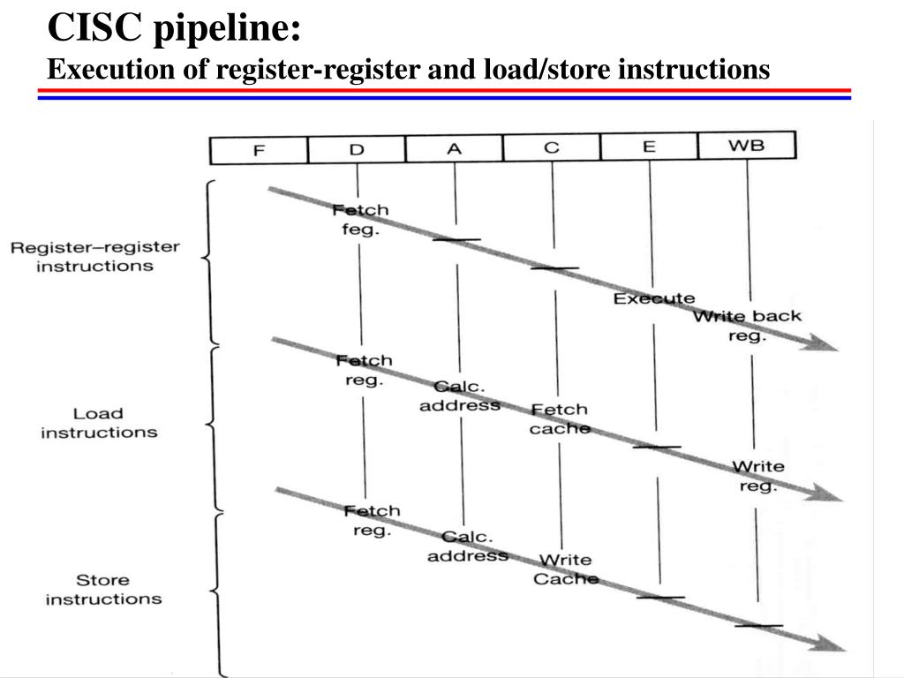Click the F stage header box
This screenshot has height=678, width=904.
pos(259,149)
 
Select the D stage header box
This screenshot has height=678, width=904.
pos(357,148)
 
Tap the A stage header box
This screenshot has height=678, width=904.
pos(454,147)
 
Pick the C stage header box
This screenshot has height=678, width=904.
pos(552,147)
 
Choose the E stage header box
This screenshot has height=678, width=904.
pos(649,146)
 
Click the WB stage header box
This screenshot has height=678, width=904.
pos(746,145)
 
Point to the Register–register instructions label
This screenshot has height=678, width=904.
pos(94,256)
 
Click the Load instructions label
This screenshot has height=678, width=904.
pos(98,423)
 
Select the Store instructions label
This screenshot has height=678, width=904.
pos(103,589)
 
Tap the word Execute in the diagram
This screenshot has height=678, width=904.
pos(654,298)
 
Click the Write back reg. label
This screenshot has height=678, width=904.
pos(747,326)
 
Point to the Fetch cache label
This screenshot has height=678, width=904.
pos(559,418)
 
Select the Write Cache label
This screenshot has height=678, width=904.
pos(565,569)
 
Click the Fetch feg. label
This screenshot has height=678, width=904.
pos(360,220)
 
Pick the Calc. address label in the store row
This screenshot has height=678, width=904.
pos(467,546)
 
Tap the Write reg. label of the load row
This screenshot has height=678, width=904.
pos(757,476)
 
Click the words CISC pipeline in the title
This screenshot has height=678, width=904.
pos(174,28)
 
